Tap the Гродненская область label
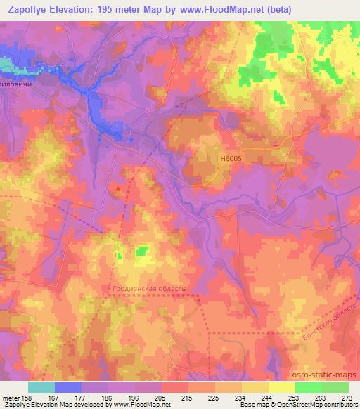pyautogui.click(x=148, y=288)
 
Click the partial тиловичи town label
pyautogui.click(x=17, y=90)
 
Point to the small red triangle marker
pyautogui.click(x=119, y=188)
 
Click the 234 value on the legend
pyautogui.click(x=240, y=397)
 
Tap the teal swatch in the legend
pyautogui.click(x=41, y=387)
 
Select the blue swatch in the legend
pyautogui.click(x=68, y=387)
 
